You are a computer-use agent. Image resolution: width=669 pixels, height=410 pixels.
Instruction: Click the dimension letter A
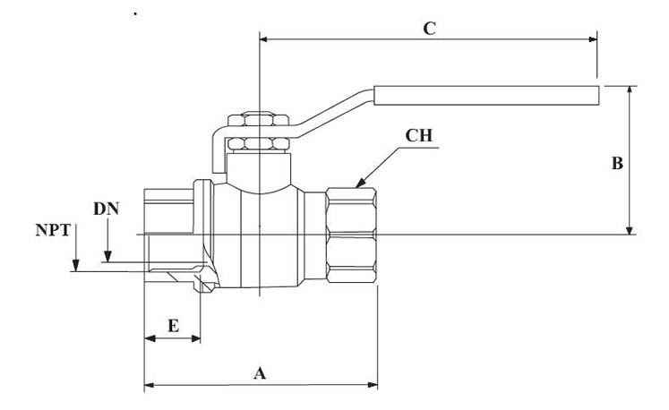point(261,373)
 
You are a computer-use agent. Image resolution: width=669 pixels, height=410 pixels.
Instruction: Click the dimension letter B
point(617,164)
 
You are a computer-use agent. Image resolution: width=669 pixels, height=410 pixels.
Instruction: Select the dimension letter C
point(429,29)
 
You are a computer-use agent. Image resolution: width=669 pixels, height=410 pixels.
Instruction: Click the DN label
point(106,208)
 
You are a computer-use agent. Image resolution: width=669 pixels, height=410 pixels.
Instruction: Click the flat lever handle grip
point(484,94)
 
